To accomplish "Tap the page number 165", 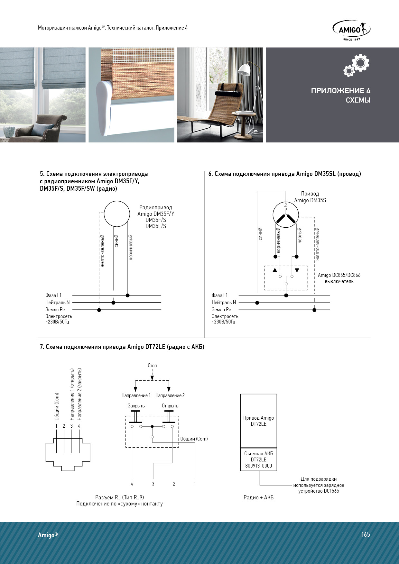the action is (x=366, y=534).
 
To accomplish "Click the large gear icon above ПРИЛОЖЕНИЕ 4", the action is (x=360, y=63).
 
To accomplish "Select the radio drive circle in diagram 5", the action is (x=117, y=214).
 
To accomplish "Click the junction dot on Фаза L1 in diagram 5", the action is (x=128, y=295).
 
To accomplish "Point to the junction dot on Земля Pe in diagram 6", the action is (x=314, y=310).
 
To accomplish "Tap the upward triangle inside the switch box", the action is (x=275, y=270).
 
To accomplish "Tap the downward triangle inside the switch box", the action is (x=297, y=270).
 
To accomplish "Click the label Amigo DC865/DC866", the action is (x=339, y=275).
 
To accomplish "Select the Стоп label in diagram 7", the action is (x=152, y=366).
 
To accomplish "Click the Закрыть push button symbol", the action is (x=135, y=416).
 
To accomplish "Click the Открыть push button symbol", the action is (x=169, y=416).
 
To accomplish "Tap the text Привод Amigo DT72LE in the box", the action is (x=259, y=421).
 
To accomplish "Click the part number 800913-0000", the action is (x=259, y=466).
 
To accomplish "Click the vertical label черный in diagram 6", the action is (x=300, y=235).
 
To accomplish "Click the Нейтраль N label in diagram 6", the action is (x=224, y=303).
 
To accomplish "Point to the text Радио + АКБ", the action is (x=259, y=497).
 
